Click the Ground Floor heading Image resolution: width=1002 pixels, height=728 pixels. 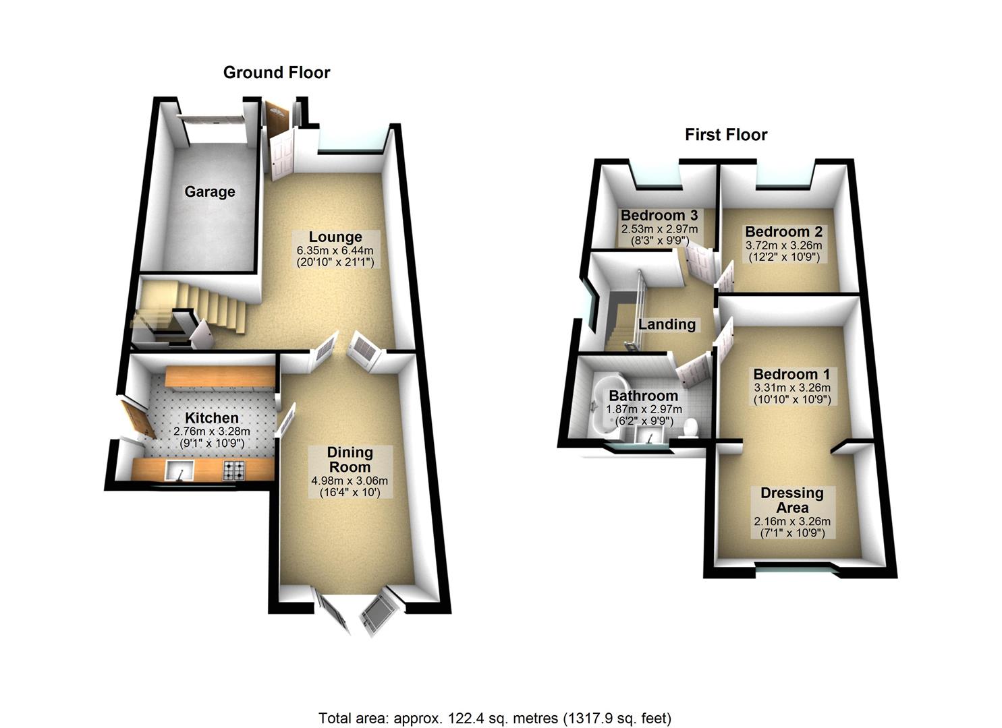(277, 72)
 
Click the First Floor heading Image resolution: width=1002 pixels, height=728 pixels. (726, 135)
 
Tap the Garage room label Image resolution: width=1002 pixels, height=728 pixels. (210, 192)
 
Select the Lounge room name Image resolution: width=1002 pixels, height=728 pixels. (335, 237)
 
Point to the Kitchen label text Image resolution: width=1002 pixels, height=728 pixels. (212, 419)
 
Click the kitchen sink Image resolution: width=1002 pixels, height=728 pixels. (179, 470)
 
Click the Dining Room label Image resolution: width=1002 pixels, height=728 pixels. (350, 459)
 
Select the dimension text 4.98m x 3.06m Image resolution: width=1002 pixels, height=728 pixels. (350, 481)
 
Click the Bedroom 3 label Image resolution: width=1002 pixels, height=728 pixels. (659, 216)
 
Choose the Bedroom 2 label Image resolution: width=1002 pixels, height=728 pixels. (783, 232)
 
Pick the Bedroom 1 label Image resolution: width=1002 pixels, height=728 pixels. (791, 374)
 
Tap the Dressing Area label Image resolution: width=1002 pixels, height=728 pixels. (792, 500)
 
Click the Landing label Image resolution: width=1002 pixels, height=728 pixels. (667, 324)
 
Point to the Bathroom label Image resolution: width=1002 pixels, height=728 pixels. (643, 396)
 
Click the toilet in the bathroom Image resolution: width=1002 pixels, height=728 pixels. (689, 429)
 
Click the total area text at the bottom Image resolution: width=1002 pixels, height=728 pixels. (495, 718)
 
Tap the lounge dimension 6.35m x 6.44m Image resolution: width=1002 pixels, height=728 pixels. (335, 251)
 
